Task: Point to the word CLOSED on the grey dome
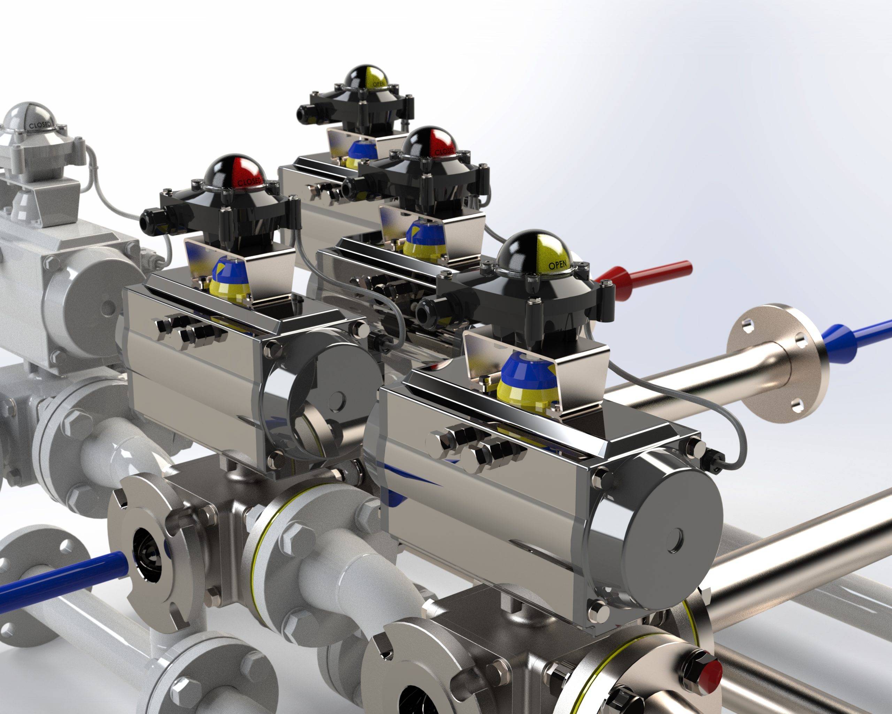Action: coord(40,124)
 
